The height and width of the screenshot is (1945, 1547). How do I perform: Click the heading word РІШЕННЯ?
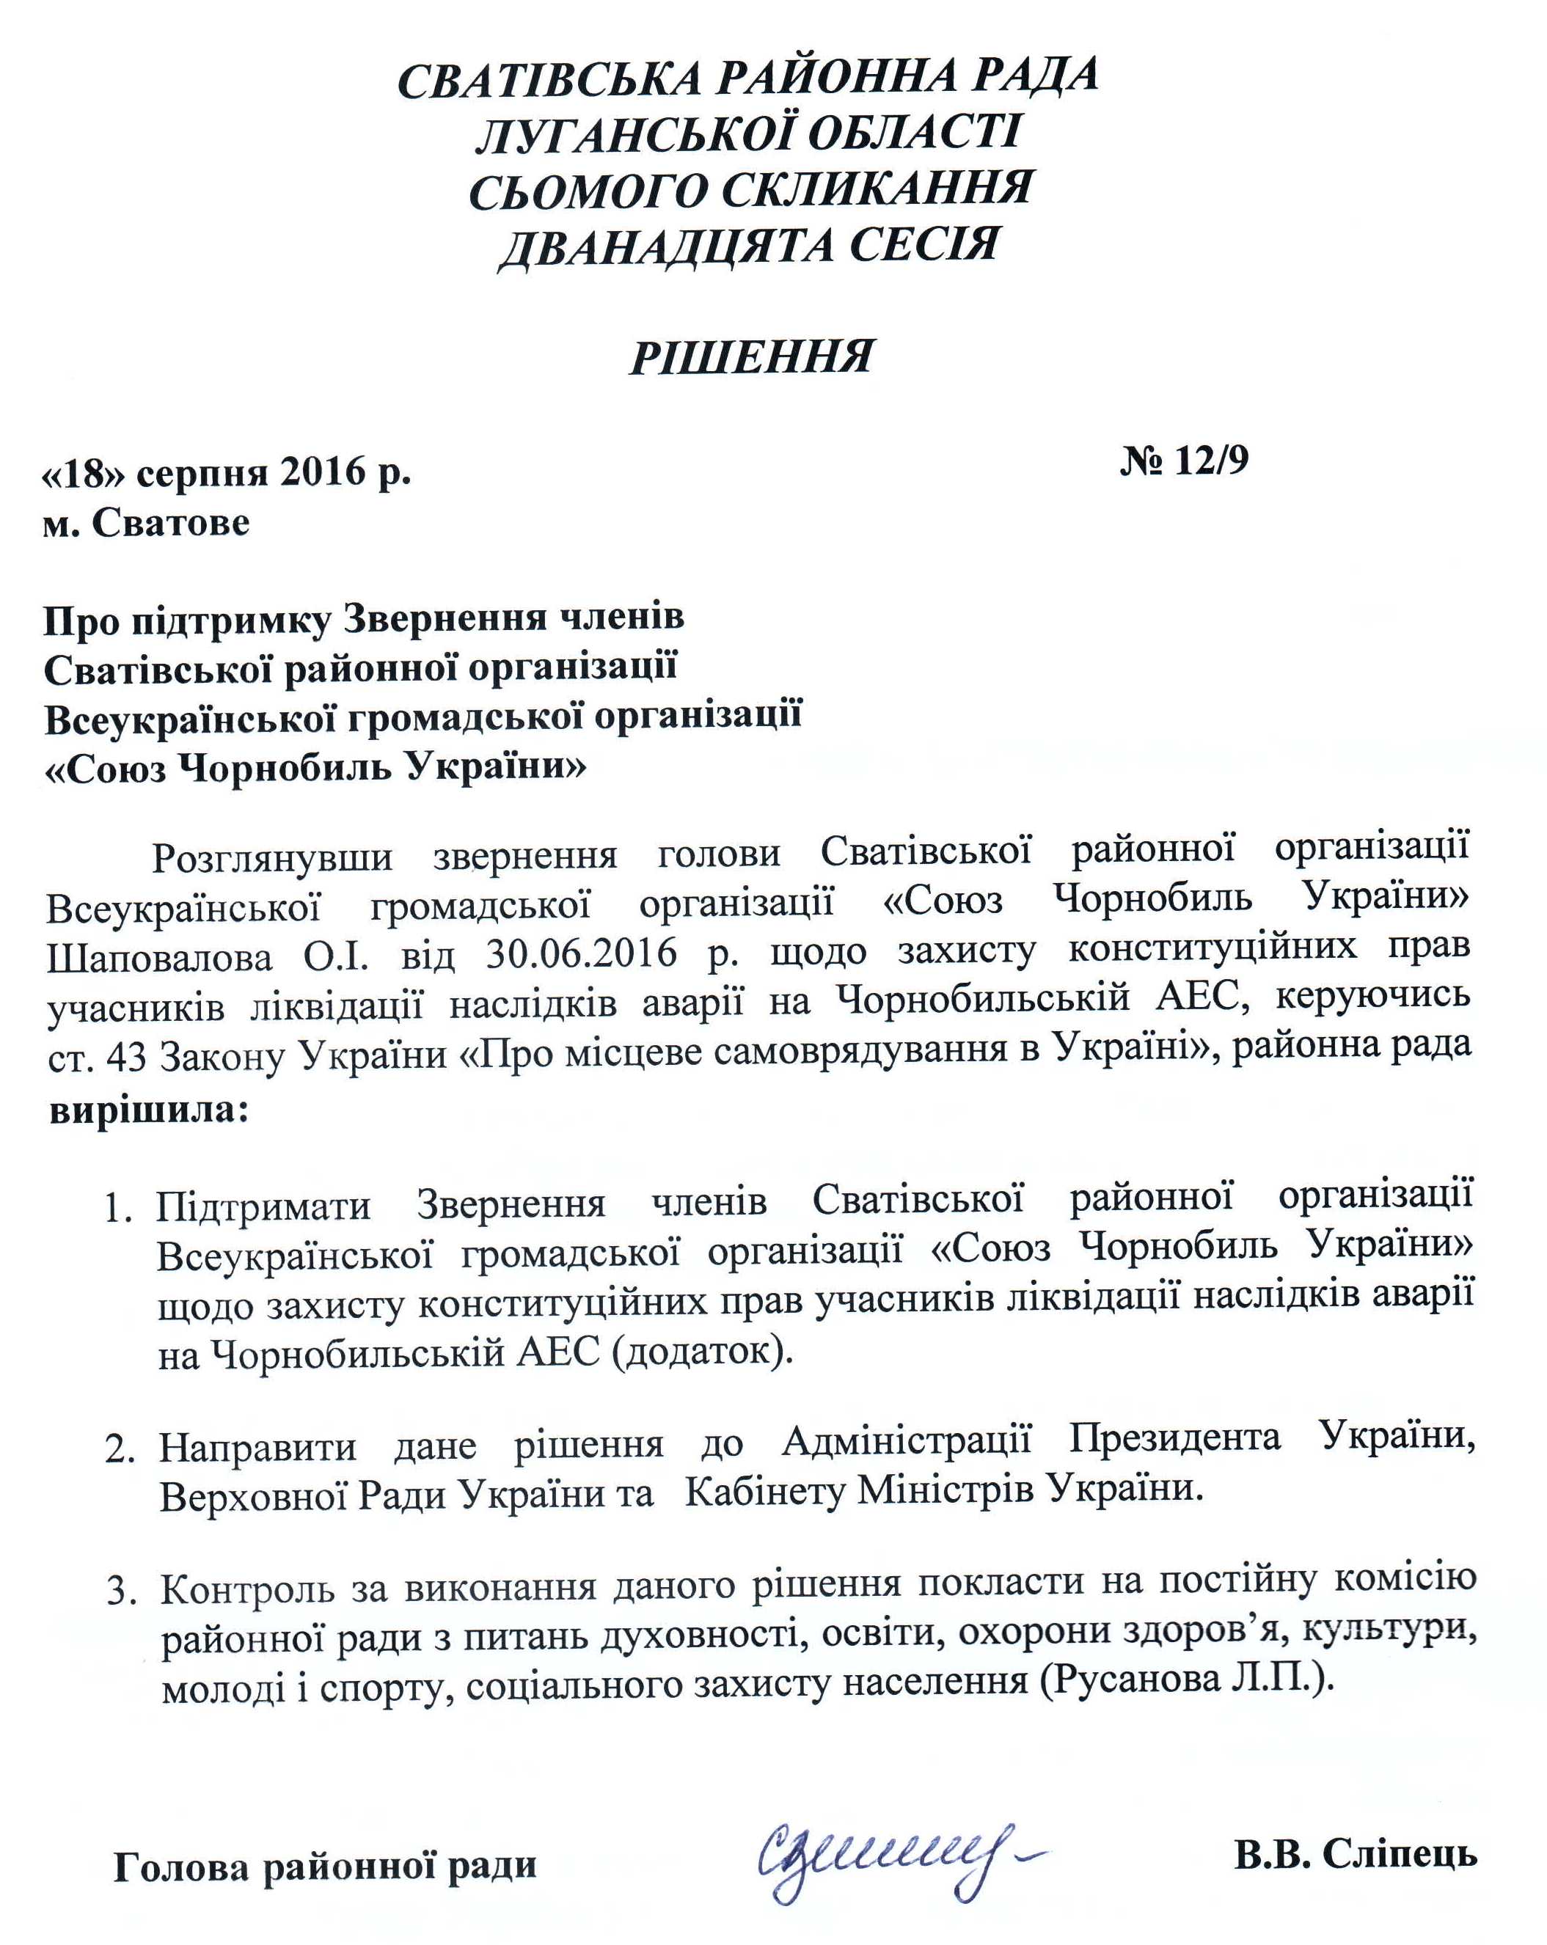[750, 358]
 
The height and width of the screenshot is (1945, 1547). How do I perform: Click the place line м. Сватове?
[146, 523]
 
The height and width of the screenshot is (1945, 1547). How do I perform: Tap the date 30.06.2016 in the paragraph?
[581, 953]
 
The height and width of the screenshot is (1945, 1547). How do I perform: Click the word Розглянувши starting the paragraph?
[271, 856]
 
